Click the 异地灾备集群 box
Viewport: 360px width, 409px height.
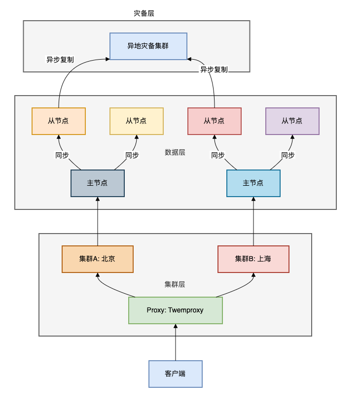point(148,46)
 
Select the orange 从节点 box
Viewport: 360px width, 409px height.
point(59,121)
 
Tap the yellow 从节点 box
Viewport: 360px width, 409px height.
point(136,121)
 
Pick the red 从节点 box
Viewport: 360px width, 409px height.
point(215,121)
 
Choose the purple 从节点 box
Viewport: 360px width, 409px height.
point(292,121)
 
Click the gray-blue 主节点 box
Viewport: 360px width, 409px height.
point(98,183)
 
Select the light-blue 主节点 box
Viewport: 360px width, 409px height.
point(253,183)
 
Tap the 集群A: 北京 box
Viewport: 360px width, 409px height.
point(98,259)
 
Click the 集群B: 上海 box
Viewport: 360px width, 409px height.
point(253,259)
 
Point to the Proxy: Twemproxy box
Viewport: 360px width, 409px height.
point(176,310)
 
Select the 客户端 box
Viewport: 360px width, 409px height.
point(176,374)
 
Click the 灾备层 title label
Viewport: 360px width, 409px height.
point(144,13)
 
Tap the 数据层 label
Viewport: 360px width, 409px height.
point(175,152)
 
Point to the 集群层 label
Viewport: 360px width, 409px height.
point(175,284)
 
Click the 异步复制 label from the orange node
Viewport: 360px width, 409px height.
point(60,60)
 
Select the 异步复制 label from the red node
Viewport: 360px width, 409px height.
point(214,69)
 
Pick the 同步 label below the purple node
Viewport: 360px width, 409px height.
point(288,155)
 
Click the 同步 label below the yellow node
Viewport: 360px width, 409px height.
point(132,155)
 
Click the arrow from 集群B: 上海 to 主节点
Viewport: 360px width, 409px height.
point(253,222)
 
